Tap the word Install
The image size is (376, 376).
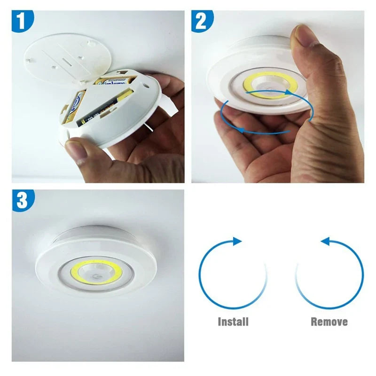233,322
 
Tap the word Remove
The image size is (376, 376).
329,322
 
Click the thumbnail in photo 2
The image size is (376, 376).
305,35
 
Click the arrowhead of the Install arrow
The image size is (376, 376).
237,241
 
